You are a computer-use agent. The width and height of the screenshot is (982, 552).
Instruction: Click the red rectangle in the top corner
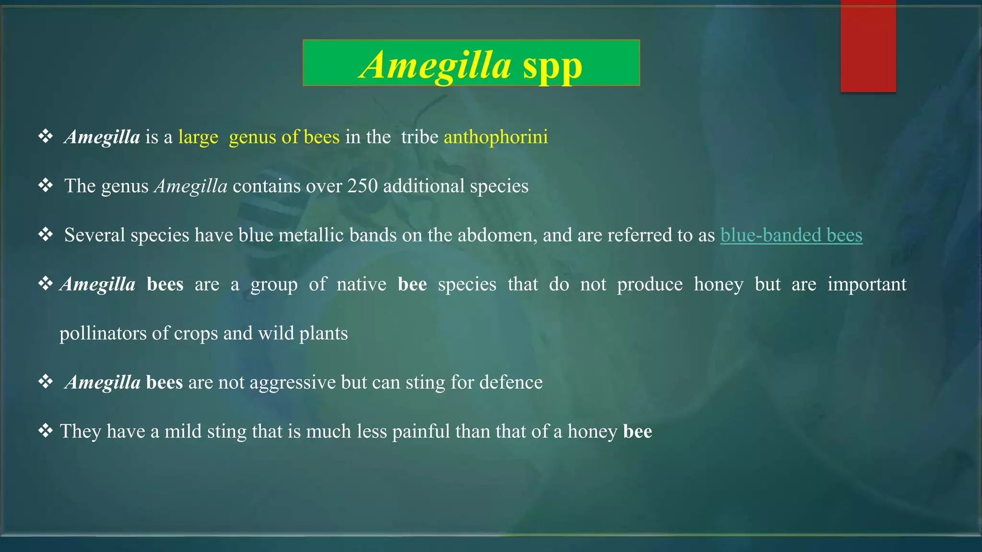coord(868,46)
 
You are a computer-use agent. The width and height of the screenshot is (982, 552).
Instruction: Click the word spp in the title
coord(552,66)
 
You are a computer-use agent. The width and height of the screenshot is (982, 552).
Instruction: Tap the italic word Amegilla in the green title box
coord(435,65)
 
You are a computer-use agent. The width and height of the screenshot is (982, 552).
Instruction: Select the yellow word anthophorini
coord(495,138)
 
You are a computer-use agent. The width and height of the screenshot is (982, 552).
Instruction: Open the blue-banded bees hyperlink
coord(791,235)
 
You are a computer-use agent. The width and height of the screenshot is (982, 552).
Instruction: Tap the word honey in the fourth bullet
coord(718,285)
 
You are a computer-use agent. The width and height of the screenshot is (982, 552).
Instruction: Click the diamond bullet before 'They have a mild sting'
coord(46,431)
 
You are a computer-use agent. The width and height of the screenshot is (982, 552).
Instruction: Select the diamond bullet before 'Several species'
coord(46,234)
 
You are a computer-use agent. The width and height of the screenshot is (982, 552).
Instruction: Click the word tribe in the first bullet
coord(420,138)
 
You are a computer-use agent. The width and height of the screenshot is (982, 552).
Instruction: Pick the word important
coord(867,285)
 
